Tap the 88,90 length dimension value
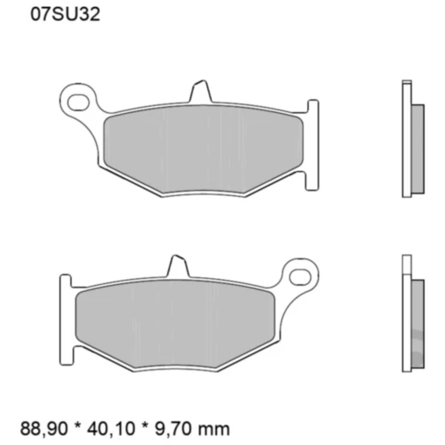pyautogui.click(x=40, y=425)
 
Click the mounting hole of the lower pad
pyautogui.click(x=300, y=276)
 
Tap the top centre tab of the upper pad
pyautogui.click(x=199, y=91)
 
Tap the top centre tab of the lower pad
pyautogui.click(x=176, y=266)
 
